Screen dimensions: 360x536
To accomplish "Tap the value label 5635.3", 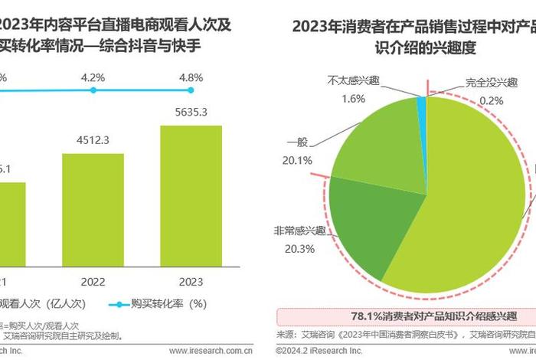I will pyautogui.click(x=191, y=112).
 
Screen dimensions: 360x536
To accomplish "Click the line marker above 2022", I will pyautogui.click(x=93, y=90).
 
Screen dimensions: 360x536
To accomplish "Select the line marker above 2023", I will pyautogui.click(x=191, y=90).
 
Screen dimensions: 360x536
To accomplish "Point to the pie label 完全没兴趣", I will pyautogui.click(x=493, y=83).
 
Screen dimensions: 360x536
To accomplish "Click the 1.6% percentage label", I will pyautogui.click(x=354, y=98).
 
